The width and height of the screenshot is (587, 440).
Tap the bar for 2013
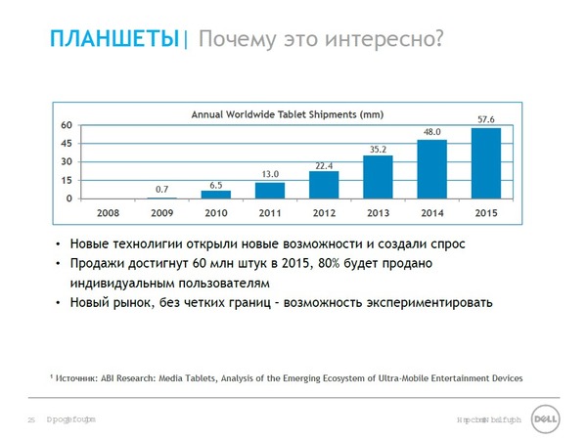coord(378,177)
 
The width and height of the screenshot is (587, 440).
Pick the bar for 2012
coord(324,185)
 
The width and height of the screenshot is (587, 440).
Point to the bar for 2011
coord(270,191)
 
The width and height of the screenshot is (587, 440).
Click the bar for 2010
coord(216,195)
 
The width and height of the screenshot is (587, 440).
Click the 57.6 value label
coord(486,119)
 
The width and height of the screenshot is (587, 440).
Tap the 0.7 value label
coord(162,189)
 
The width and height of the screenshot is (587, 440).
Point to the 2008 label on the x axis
coord(109,211)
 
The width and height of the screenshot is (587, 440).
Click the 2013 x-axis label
coord(378,211)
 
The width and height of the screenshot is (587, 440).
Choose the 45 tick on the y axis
coord(67,144)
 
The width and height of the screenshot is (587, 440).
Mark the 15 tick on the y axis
coord(67,181)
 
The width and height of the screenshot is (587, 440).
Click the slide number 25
coord(31,419)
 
